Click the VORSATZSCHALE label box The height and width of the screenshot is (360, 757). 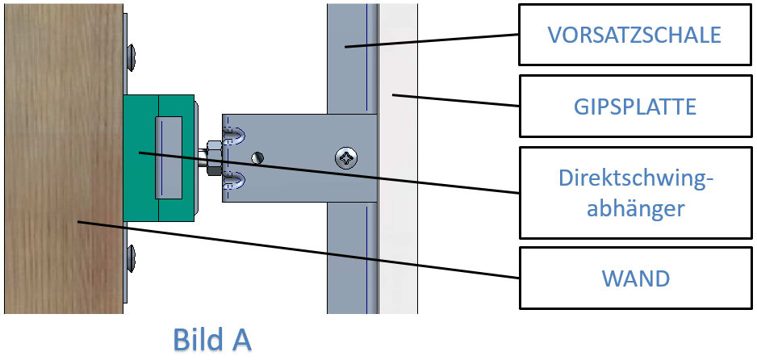(x=635, y=35)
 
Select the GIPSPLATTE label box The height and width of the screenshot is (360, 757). (x=635, y=107)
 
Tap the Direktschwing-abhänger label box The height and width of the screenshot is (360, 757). (x=635, y=193)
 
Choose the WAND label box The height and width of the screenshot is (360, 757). (x=635, y=278)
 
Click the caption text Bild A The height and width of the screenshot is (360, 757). (x=212, y=340)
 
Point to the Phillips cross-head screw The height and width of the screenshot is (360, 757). (x=347, y=158)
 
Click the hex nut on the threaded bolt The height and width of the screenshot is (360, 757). (x=213, y=157)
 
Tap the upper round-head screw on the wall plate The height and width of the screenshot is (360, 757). (x=131, y=58)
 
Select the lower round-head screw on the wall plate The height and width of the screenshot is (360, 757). (x=131, y=257)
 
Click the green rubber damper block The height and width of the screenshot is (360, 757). (x=159, y=157)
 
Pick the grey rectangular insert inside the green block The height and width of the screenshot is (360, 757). (x=169, y=157)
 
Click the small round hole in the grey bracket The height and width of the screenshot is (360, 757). (x=258, y=157)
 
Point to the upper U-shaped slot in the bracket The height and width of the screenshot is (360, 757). (x=235, y=136)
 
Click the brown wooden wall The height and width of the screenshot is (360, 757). (x=64, y=158)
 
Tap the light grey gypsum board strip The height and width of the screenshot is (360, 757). (x=398, y=158)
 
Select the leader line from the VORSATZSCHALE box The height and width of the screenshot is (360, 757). (x=432, y=40)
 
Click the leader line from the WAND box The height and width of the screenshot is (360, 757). (x=299, y=250)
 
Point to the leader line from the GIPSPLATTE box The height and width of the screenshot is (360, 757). (x=456, y=100)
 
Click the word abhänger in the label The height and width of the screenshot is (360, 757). (x=635, y=209)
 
